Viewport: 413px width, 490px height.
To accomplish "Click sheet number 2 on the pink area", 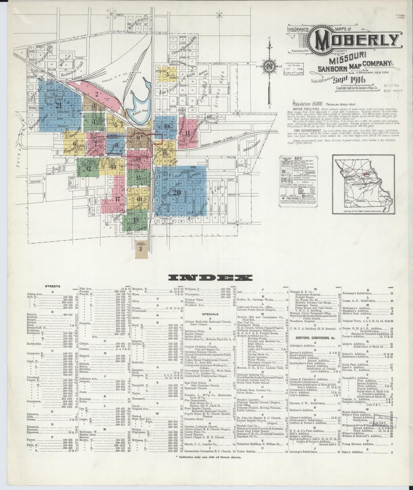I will [97, 93].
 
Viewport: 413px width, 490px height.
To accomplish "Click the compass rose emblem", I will [269, 67].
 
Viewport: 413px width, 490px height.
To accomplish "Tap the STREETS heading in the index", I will [52, 286].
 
